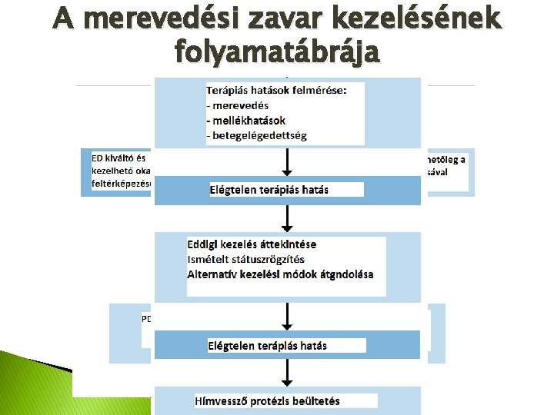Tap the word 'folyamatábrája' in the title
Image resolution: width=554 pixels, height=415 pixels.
[x=276, y=51]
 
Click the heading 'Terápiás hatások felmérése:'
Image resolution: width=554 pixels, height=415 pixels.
[x=276, y=90]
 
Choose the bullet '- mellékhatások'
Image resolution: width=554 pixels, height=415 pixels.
[x=245, y=120]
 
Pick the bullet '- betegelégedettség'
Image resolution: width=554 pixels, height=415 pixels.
[x=256, y=135]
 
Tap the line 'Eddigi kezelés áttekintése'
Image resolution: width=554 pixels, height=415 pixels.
[x=252, y=244]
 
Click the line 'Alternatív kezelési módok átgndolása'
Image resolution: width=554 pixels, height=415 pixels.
[x=280, y=274]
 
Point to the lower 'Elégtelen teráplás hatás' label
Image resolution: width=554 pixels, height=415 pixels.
[x=267, y=345]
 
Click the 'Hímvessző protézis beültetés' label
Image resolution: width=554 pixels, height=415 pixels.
[x=267, y=400]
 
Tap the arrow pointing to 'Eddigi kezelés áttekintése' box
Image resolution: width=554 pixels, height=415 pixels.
[x=287, y=219]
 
